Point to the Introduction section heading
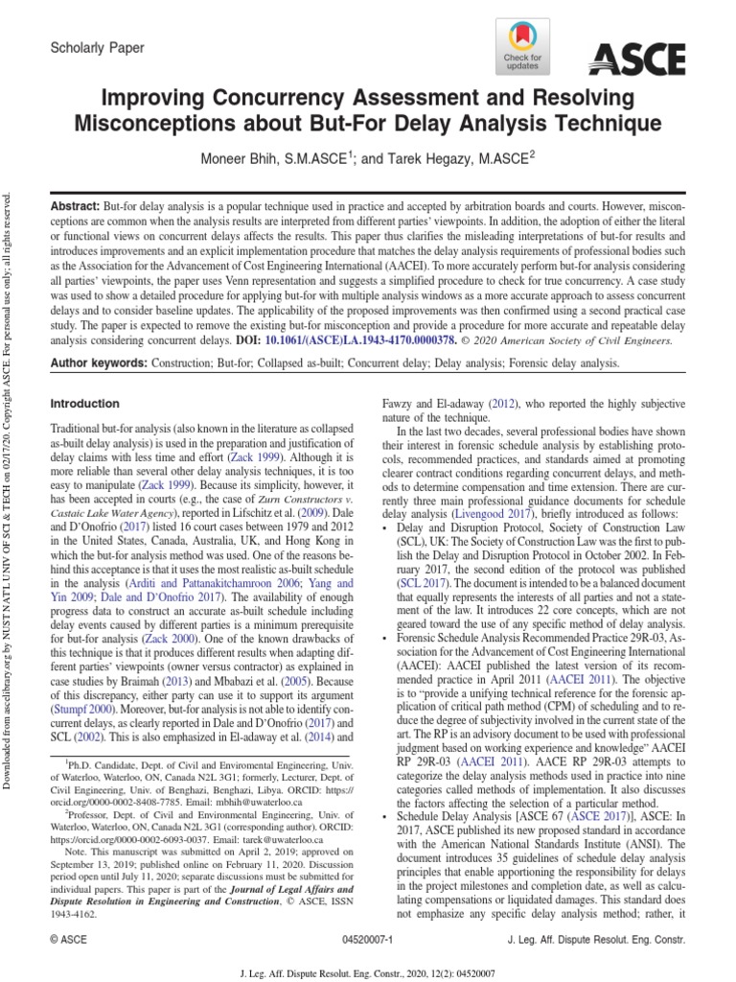(84, 404)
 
